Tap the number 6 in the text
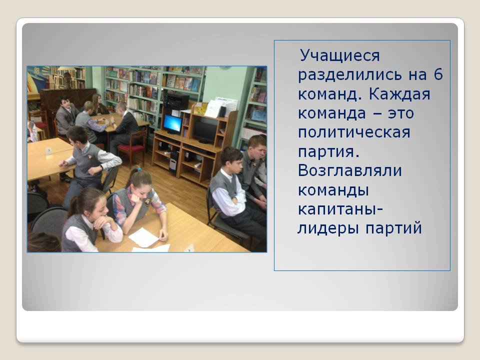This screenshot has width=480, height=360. tap(438, 74)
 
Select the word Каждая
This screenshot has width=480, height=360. tap(399, 94)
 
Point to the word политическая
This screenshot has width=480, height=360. tap(354, 132)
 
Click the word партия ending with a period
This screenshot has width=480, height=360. tap(328, 152)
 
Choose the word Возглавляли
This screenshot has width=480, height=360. tap(349, 171)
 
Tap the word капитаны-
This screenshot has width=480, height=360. tap(340, 209)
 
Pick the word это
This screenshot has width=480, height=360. tap(401, 114)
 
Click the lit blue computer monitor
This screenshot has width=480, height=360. tap(172, 123)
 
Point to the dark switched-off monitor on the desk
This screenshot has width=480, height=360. tap(204, 132)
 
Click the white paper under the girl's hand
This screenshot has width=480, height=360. tap(143, 237)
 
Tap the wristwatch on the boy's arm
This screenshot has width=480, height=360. tap(101, 167)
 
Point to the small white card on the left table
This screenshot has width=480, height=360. tap(48, 150)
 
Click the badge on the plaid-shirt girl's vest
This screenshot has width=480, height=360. tap(147, 201)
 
